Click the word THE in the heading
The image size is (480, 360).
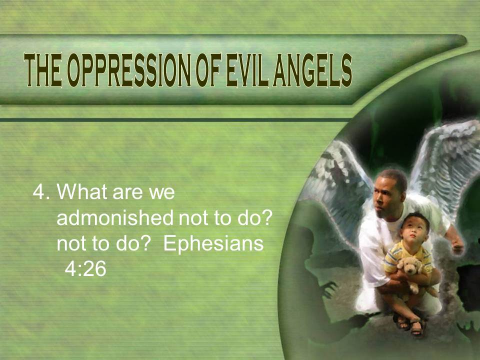43,70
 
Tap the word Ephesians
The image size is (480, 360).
213,244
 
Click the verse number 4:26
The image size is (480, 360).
85,269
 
